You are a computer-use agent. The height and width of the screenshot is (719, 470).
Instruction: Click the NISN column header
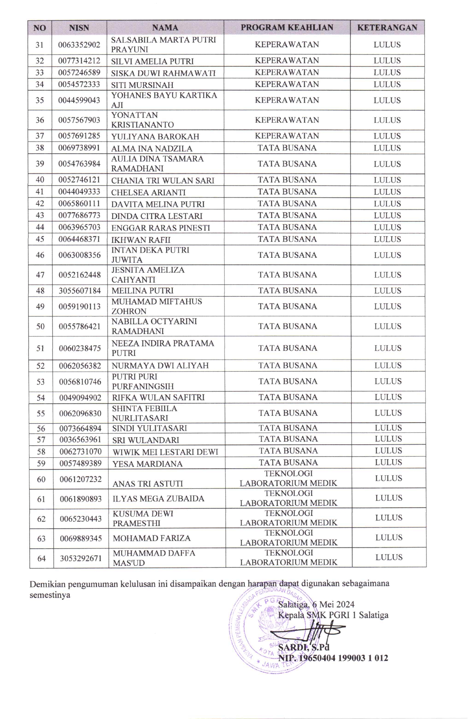[79, 28]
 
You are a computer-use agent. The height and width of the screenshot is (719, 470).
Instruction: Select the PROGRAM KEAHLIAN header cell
[287, 28]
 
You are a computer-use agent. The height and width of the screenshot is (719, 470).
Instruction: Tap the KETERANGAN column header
[387, 28]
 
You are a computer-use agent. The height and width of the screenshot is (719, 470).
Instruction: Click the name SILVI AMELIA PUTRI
[152, 61]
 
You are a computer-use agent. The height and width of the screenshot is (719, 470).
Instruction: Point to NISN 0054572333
[79, 84]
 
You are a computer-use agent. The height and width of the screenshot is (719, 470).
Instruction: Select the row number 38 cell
[40, 148]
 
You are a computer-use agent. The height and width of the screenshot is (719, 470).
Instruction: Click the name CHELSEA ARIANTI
[148, 192]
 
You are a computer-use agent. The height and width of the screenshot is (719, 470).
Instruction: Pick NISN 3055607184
[80, 291]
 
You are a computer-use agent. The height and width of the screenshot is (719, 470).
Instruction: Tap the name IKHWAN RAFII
[141, 240]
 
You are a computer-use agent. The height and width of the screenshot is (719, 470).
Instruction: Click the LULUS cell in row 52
[388, 365]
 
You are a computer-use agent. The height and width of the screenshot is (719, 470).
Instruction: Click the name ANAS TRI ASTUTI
[147, 484]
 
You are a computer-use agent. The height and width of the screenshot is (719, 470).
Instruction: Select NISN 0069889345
[81, 538]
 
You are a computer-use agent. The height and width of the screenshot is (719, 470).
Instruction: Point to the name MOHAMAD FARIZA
[152, 538]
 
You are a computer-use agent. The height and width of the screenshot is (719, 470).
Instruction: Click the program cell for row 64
[289, 558]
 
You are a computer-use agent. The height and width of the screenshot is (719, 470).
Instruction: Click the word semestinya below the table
[50, 595]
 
